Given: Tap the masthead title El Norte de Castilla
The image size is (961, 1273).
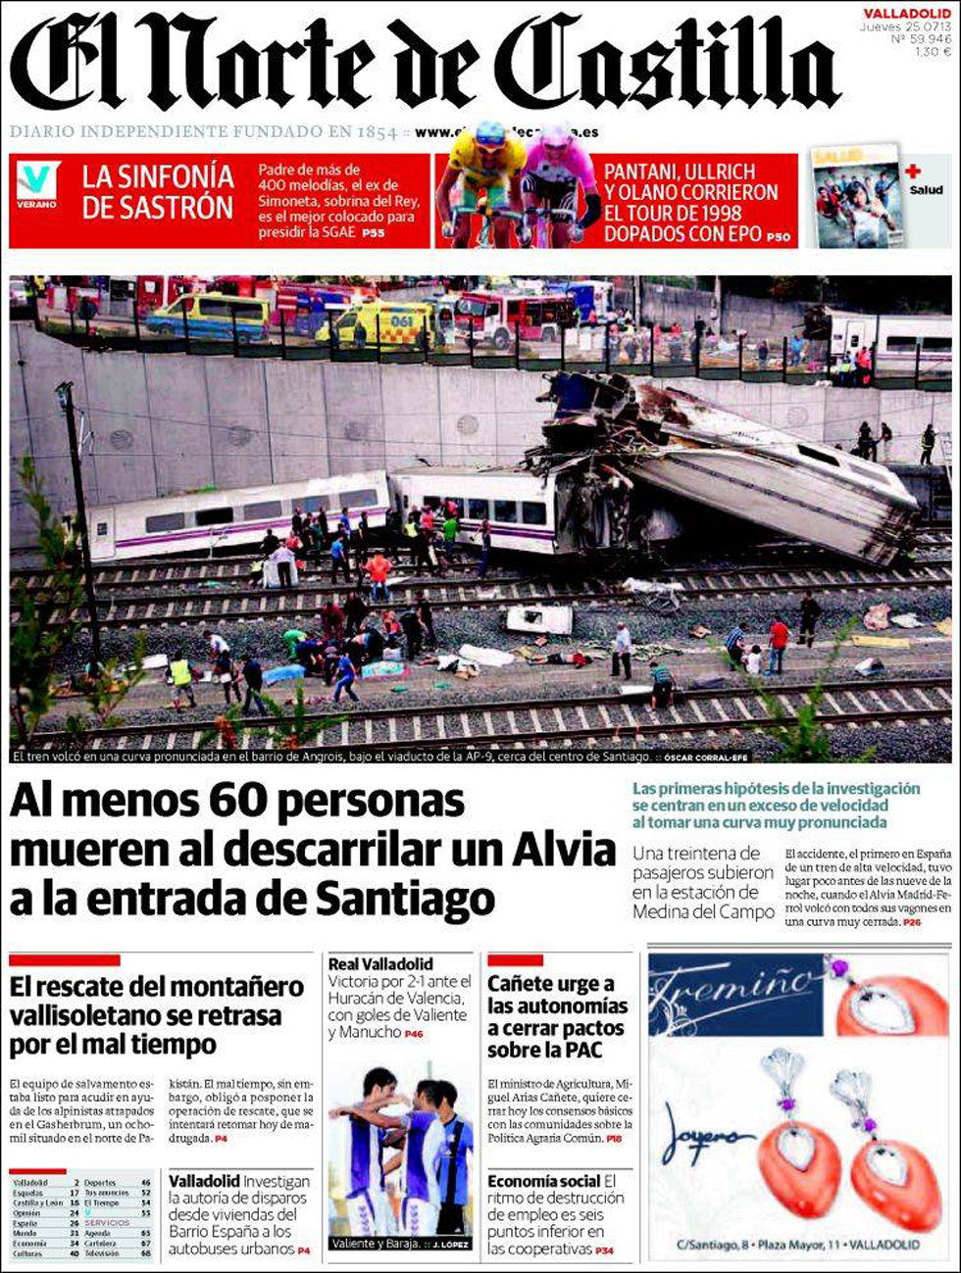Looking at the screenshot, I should (424, 64).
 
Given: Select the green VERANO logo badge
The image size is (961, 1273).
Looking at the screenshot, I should (37, 184).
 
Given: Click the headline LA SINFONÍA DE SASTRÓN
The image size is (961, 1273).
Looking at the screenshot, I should (158, 192).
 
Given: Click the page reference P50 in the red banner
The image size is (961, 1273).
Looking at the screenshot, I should (778, 236).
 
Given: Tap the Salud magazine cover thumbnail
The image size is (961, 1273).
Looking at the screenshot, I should (856, 197).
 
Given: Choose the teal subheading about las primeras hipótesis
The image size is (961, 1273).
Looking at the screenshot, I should (776, 805).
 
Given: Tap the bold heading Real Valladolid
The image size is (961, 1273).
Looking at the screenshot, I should (380, 964).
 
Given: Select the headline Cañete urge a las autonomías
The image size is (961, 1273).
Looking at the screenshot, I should (557, 1016).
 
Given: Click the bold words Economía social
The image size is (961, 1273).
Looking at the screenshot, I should (543, 1181).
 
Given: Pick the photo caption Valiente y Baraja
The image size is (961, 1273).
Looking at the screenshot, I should (376, 1244).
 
